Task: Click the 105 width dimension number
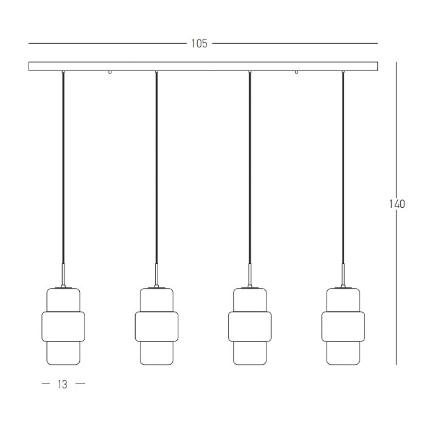pos(199,44)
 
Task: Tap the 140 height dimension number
pos(397,204)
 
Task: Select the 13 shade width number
pos(62,385)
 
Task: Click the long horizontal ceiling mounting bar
pos(203,67)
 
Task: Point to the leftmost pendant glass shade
pos(63,326)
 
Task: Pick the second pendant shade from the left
pos(156,326)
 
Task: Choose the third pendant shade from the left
pos(250,326)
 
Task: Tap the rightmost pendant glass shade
pos(343,326)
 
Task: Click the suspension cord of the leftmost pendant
pos(63,170)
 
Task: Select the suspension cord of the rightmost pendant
pos(343,170)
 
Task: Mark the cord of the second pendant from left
pos(156,170)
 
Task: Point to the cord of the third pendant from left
pos(250,170)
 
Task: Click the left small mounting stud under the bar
pos(109,73)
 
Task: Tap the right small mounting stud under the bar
pos(296,73)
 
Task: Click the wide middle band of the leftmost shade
pos(63,326)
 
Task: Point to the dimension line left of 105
pos(106,43)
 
